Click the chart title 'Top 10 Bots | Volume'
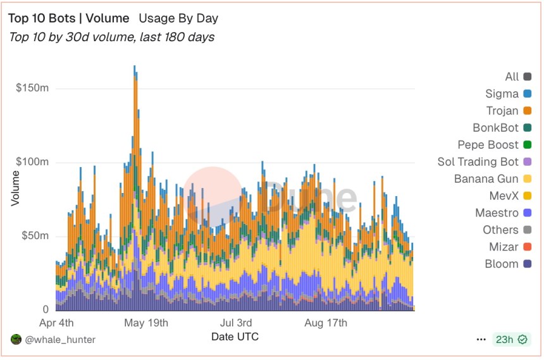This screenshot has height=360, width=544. pyautogui.click(x=68, y=19)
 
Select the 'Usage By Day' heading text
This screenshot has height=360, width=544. pyautogui.click(x=176, y=19)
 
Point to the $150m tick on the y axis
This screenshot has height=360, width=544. pyautogui.click(x=32, y=88)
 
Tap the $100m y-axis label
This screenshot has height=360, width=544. pyautogui.click(x=32, y=162)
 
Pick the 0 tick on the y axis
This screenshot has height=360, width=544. pyautogui.click(x=46, y=309)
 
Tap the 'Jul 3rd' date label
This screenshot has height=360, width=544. pyautogui.click(x=236, y=323)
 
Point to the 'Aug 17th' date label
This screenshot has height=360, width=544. pyautogui.click(x=326, y=323)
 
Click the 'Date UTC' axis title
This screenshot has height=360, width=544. pyautogui.click(x=235, y=337)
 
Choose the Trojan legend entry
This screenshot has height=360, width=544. pyautogui.click(x=509, y=111)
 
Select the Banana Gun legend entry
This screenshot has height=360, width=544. pyautogui.click(x=493, y=179)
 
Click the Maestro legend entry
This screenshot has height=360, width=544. pyautogui.click(x=504, y=213)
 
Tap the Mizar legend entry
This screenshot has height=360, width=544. pyautogui.click(x=508, y=247)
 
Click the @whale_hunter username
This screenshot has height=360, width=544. pyautogui.click(x=61, y=340)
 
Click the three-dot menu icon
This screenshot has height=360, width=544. pyautogui.click(x=481, y=340)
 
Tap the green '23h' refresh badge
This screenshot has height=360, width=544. pyautogui.click(x=510, y=340)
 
